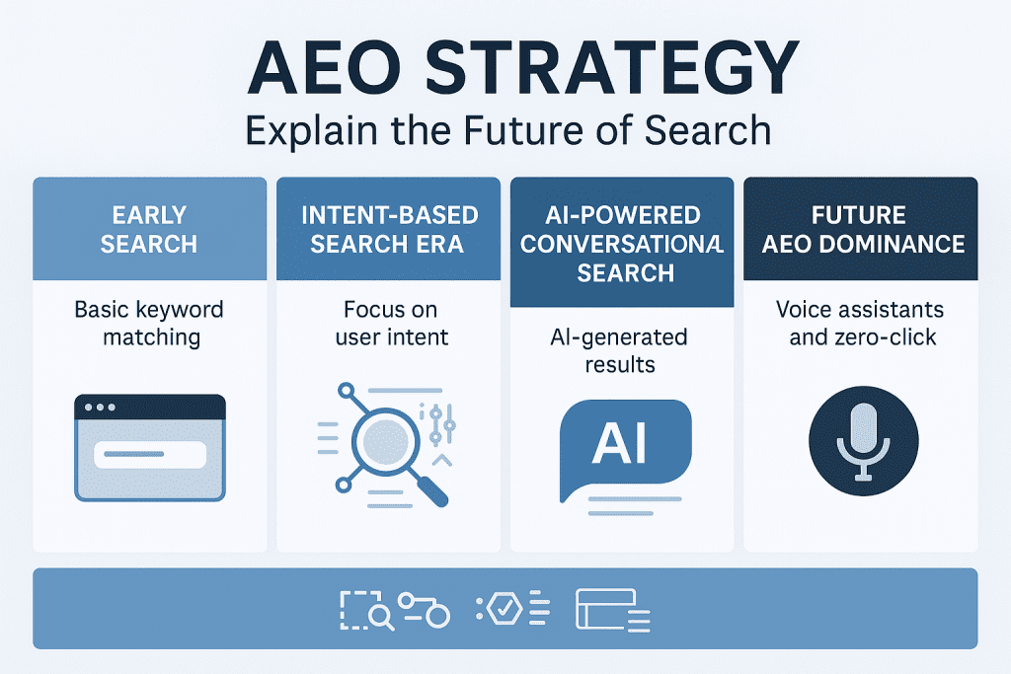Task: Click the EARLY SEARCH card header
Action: [x=149, y=229]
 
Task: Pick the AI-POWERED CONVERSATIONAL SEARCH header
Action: [x=622, y=243]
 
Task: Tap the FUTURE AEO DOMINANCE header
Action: [x=860, y=229]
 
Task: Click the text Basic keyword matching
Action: [x=149, y=324]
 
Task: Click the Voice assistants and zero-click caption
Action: [x=860, y=324]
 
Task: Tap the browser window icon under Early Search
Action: [x=150, y=448]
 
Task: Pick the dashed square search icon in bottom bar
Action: [x=366, y=610]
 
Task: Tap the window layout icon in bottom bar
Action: [x=612, y=610]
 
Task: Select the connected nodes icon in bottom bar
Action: [x=424, y=609]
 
